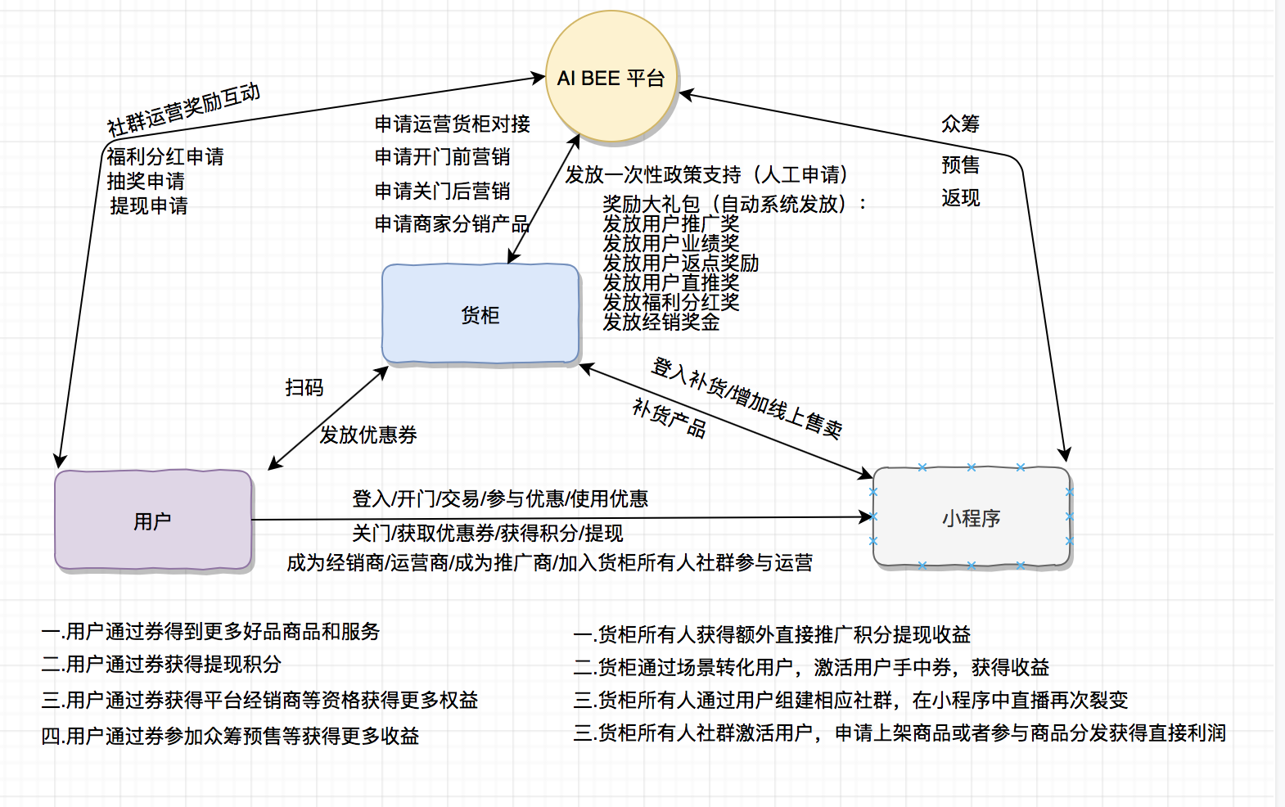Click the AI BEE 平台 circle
click(611, 78)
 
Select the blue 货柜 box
click(480, 314)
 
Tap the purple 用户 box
click(153, 521)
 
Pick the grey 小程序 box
click(972, 517)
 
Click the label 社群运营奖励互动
click(184, 109)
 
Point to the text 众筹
click(960, 124)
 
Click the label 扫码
click(304, 387)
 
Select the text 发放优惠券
click(368, 435)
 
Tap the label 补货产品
click(669, 418)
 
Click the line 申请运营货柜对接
click(453, 124)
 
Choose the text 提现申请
click(149, 205)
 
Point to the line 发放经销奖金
click(661, 322)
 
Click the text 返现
click(960, 197)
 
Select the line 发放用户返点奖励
click(681, 263)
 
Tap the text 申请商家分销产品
click(453, 223)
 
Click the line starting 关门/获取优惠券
click(488, 534)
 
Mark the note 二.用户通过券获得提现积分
click(161, 665)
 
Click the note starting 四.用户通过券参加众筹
click(230, 736)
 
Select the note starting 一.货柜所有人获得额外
click(772, 634)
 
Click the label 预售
click(960, 165)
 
